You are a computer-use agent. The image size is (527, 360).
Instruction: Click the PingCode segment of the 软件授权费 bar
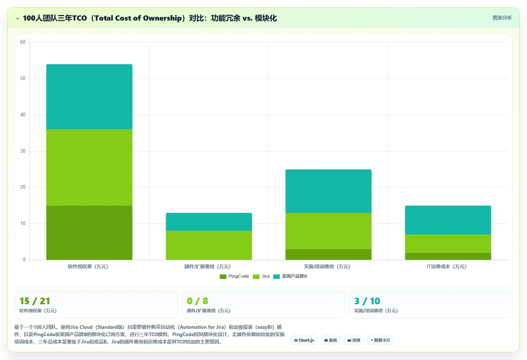click(89, 233)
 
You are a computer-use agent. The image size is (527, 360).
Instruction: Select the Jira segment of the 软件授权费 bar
click(89, 167)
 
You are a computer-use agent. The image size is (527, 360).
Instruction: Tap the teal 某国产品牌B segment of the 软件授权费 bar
click(89, 97)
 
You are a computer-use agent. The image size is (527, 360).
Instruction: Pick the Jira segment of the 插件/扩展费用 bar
click(209, 245)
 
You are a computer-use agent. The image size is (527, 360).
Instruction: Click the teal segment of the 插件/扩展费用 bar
click(209, 222)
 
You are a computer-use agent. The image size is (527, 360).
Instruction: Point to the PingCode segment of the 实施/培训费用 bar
click(328, 254)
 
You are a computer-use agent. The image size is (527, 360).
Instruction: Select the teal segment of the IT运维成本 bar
click(448, 220)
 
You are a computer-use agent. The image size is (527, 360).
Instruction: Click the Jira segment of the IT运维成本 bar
click(448, 244)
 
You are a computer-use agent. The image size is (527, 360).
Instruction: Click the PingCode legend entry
click(234, 276)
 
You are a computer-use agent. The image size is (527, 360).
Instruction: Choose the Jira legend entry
click(261, 276)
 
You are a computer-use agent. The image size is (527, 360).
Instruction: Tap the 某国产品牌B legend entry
click(290, 276)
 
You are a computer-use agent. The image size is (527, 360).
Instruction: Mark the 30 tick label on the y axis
click(23, 151)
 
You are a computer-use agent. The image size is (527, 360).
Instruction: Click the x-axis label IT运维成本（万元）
click(447, 266)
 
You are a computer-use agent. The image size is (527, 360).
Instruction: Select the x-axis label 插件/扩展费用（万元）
click(207, 266)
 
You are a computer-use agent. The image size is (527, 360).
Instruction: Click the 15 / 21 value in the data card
click(35, 301)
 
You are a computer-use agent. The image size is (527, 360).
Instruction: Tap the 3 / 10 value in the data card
click(367, 301)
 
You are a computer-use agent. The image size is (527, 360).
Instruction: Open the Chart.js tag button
click(304, 340)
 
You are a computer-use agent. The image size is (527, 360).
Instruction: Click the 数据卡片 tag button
click(380, 340)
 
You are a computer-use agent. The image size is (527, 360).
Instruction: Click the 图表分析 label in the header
click(502, 18)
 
